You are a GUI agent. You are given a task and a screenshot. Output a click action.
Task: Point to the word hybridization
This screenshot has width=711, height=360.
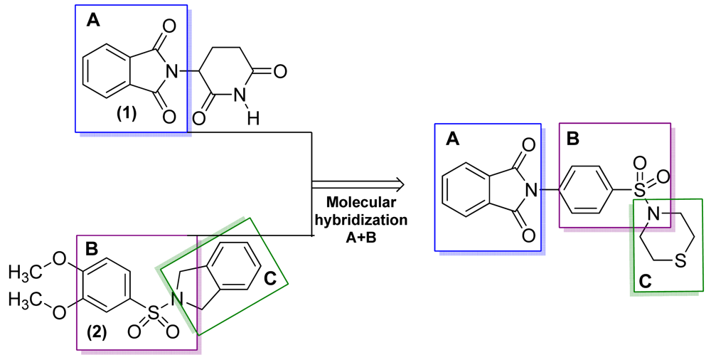[x=368, y=220]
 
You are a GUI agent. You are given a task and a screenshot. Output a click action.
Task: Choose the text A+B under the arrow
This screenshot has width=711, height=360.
[x=368, y=234]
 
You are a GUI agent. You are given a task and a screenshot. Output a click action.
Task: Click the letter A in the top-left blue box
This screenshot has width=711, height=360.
[x=93, y=22]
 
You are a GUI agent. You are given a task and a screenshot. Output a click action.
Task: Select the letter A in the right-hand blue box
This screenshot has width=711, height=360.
[x=451, y=141]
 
